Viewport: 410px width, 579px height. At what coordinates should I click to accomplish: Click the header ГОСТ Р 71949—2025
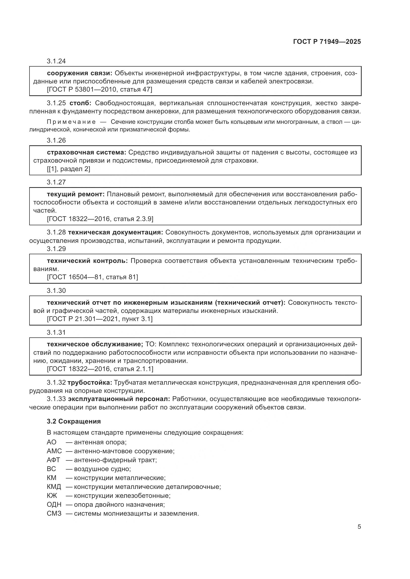pos(327,42)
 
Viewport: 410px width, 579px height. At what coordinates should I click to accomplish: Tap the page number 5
pos(359,527)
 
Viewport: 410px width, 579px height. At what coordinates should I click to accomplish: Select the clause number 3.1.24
pos(56,61)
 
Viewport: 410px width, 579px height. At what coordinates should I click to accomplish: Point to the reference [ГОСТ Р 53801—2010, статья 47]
pos(99,90)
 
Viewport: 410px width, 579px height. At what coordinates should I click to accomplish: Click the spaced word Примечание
pos(71,122)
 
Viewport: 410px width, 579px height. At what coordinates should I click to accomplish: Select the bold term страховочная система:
pos(86,152)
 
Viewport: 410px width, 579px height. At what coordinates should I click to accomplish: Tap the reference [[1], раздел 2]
pos(68,169)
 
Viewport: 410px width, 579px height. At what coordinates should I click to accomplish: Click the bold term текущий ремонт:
pos(76,194)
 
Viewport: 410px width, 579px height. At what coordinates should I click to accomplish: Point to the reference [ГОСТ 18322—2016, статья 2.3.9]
pos(100,219)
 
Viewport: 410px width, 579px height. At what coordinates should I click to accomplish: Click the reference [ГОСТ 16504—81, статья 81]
pos(92,277)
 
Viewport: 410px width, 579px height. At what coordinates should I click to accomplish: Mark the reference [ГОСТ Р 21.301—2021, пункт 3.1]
pos(100,319)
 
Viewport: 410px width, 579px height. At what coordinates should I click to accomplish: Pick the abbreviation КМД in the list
pos(54,487)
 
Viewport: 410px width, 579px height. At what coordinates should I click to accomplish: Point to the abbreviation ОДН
pos(54,504)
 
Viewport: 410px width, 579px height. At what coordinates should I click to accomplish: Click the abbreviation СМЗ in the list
pos(54,513)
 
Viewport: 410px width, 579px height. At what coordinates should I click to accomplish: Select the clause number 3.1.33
pos(56,399)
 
